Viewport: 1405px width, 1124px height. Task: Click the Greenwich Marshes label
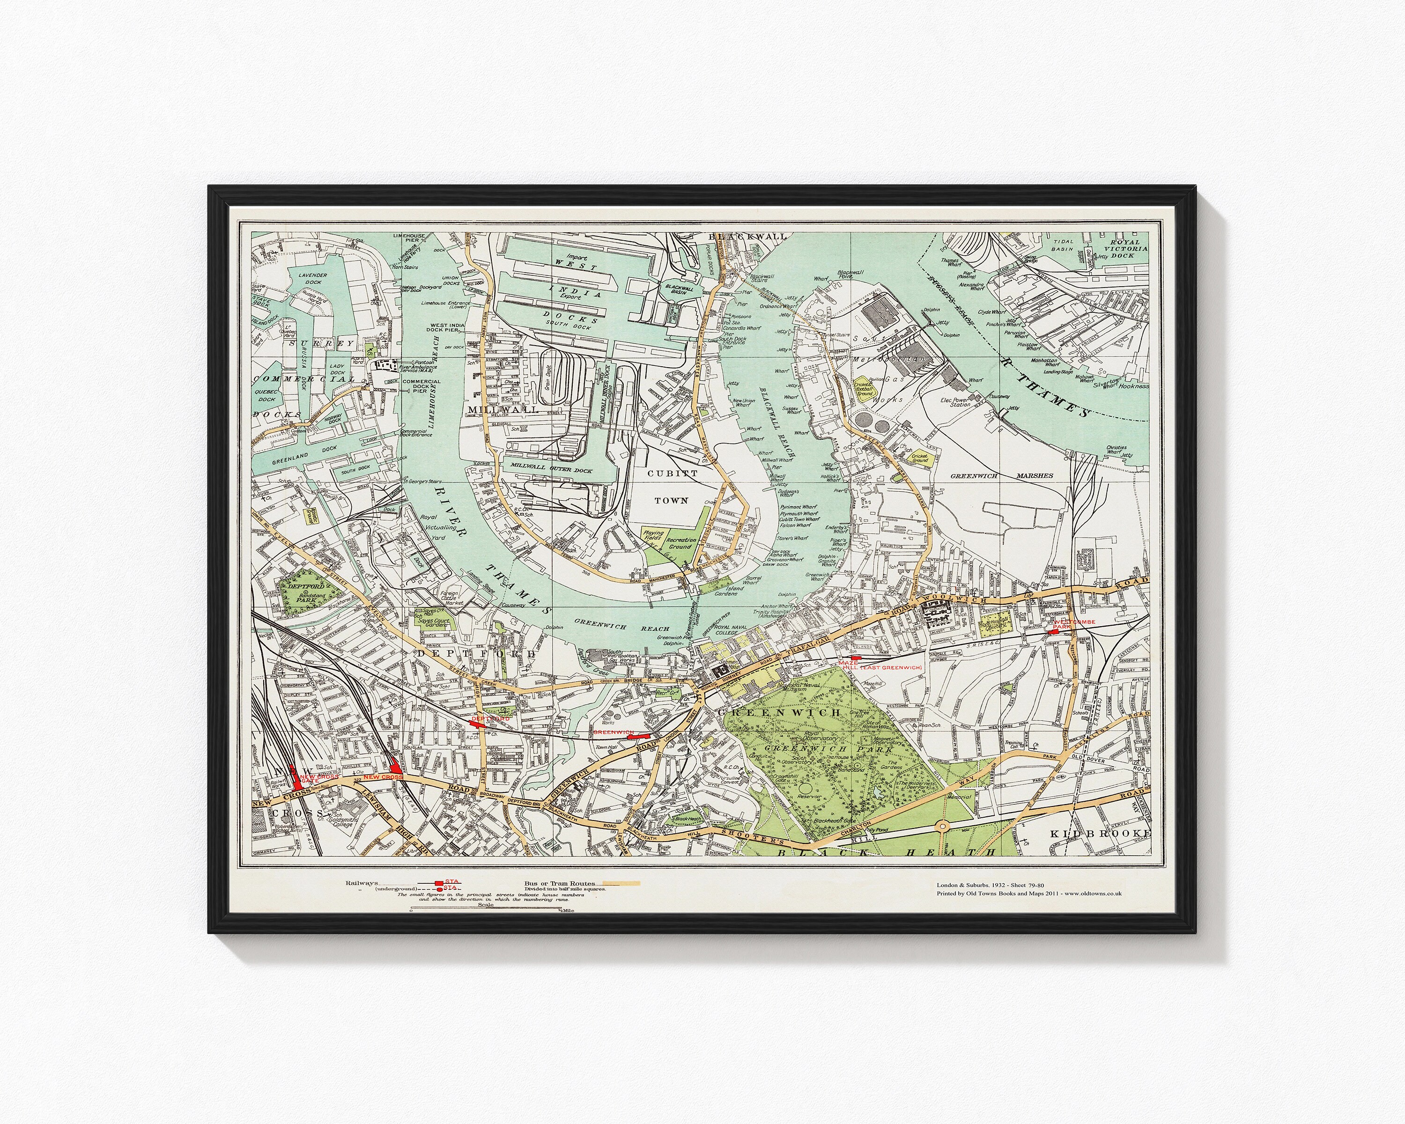pos(1001,476)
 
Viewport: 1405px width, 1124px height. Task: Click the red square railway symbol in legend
pos(439,883)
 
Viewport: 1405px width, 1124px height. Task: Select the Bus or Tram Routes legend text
pos(559,884)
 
